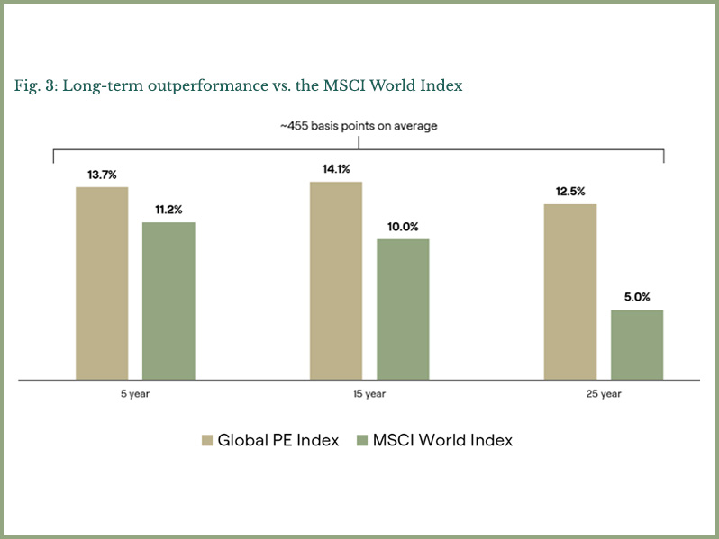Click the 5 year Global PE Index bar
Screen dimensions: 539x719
102,283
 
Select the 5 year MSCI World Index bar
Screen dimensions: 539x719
168,301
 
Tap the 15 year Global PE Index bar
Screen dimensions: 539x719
336,281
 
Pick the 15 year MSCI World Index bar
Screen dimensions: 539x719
403,309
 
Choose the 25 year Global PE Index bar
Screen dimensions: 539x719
570,292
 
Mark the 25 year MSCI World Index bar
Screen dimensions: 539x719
637,345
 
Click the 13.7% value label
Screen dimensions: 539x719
102,175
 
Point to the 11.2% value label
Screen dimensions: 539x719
168,210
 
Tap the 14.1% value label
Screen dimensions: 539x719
336,169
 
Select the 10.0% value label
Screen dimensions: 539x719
403,227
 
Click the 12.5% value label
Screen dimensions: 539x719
570,192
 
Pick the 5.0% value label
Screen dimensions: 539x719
637,298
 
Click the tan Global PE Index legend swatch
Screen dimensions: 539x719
206,441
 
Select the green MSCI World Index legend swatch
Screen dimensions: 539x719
362,441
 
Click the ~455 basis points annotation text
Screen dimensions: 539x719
359,126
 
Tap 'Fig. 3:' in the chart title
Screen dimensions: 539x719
33,85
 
